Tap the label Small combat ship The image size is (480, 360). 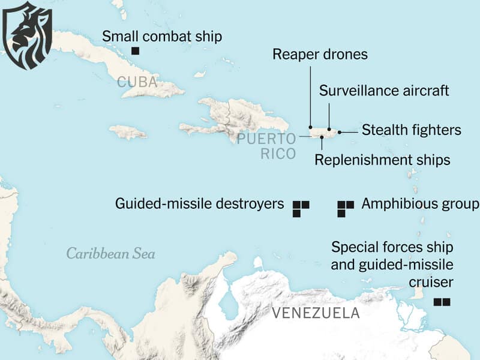click(162, 36)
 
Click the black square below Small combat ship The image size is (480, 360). click(136, 51)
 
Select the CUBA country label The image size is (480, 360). click(137, 82)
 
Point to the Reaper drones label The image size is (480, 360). click(320, 55)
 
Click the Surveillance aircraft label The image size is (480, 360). click(384, 91)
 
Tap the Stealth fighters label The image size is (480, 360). click(412, 130)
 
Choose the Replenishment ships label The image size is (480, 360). click(382, 160)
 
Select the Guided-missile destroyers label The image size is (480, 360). click(199, 204)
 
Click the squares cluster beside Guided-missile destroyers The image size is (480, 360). click(300, 208)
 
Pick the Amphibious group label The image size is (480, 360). click(420, 204)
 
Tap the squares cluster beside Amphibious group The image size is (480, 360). click(345, 208)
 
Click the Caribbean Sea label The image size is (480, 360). click(110, 253)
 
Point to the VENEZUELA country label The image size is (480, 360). click(316, 313)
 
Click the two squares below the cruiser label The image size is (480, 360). click(442, 302)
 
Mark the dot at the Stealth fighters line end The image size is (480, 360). click(340, 131)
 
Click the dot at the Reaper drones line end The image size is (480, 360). click(310, 127)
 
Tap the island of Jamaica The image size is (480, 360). click(128, 131)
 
